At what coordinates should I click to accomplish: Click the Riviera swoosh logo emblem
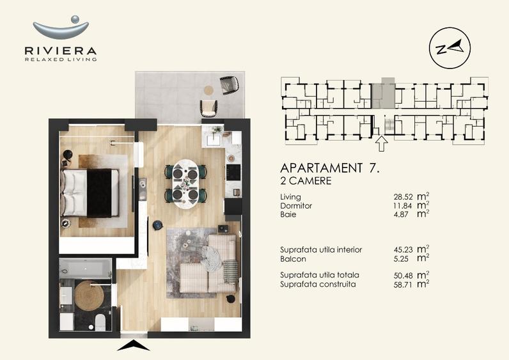point(61,27)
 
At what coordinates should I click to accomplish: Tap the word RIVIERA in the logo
point(61,51)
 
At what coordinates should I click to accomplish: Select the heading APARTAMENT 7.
point(330,168)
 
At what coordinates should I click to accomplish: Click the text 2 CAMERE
point(306,181)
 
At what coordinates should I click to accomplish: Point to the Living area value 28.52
point(403,197)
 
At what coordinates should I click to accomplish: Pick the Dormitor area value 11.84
point(403,206)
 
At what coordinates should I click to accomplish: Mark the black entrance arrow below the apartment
point(134,346)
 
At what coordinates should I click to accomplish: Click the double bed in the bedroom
point(90,192)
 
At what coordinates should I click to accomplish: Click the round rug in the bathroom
point(89,295)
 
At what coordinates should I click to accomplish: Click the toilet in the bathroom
point(100,322)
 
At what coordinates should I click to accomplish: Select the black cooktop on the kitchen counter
point(233,172)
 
